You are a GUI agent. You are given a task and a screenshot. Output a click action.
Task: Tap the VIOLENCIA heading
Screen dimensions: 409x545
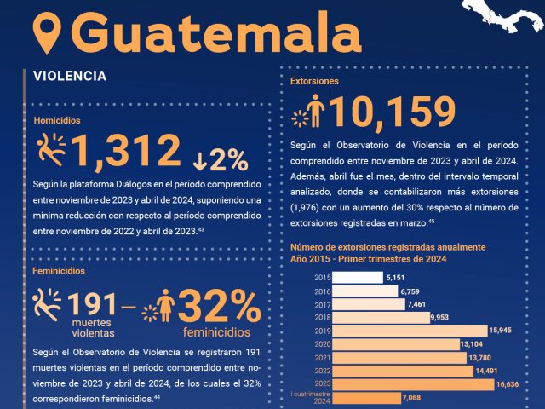coord(70,76)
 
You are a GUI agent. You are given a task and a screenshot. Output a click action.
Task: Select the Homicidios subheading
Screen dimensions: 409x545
coord(57,121)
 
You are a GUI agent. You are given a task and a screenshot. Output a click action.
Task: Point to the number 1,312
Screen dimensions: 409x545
coord(127,153)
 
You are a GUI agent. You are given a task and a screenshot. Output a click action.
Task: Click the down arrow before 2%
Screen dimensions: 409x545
coord(199,159)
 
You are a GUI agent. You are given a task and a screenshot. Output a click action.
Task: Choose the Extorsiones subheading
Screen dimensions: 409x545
coord(314,82)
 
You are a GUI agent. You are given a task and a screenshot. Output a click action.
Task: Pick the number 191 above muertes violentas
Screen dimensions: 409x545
coord(92,305)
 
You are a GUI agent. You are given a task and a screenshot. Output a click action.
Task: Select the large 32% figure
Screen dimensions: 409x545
coord(219,304)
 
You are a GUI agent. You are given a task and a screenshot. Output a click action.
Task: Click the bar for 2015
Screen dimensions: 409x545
coord(357,278)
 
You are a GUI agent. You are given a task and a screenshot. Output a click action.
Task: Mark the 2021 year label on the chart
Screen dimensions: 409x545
coord(322,357)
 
